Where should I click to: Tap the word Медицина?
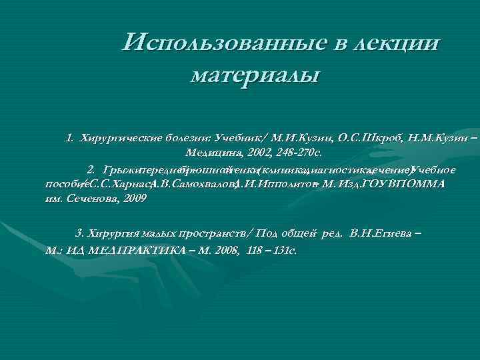tap(209, 153)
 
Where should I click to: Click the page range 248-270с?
tap(299, 153)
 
